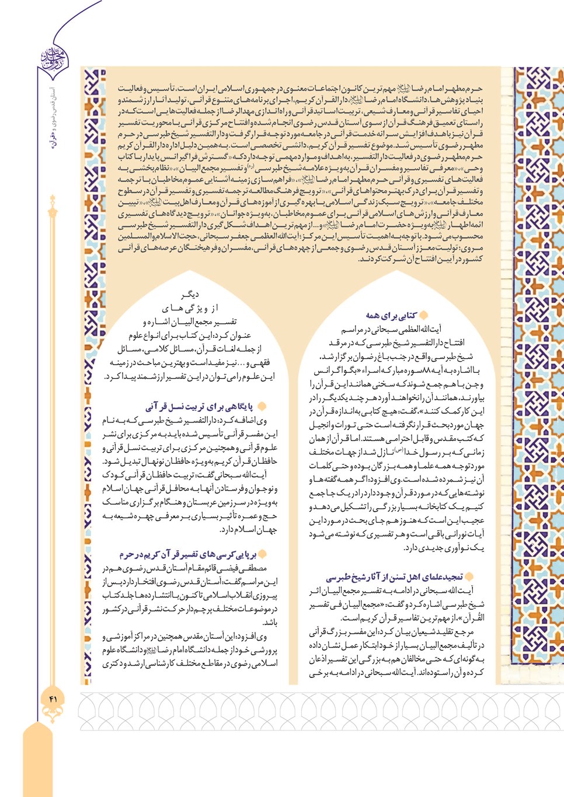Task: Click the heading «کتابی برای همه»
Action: (x=391, y=316)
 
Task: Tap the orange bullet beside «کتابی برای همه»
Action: (x=423, y=315)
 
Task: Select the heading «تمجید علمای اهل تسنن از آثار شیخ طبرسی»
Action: (x=394, y=577)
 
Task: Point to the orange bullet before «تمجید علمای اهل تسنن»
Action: (x=469, y=577)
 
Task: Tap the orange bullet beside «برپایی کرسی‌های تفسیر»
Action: (x=262, y=554)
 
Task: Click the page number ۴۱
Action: (x=54, y=698)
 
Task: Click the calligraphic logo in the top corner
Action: (x=54, y=59)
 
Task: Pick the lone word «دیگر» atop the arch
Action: (x=190, y=295)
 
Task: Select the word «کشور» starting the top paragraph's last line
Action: (x=471, y=259)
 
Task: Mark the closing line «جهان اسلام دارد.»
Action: (x=248, y=530)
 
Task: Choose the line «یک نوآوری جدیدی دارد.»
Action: (x=444, y=548)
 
